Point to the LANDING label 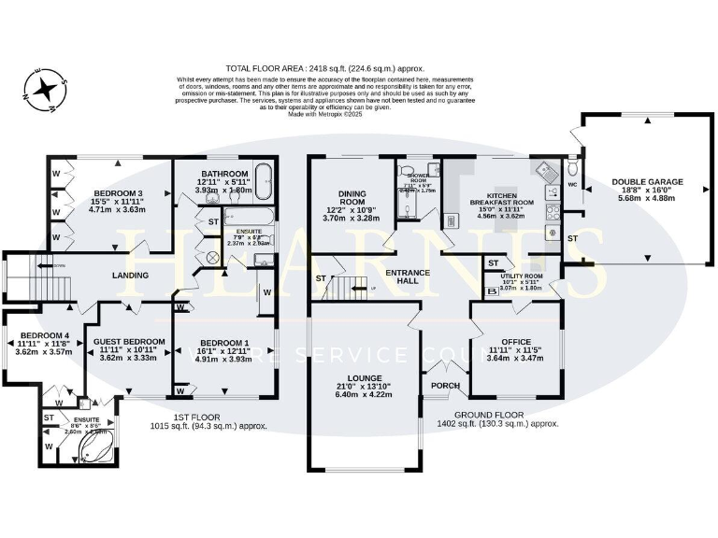131,275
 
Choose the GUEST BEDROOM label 131,341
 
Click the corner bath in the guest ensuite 94,451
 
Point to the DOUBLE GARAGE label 647,182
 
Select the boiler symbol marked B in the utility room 492,291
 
